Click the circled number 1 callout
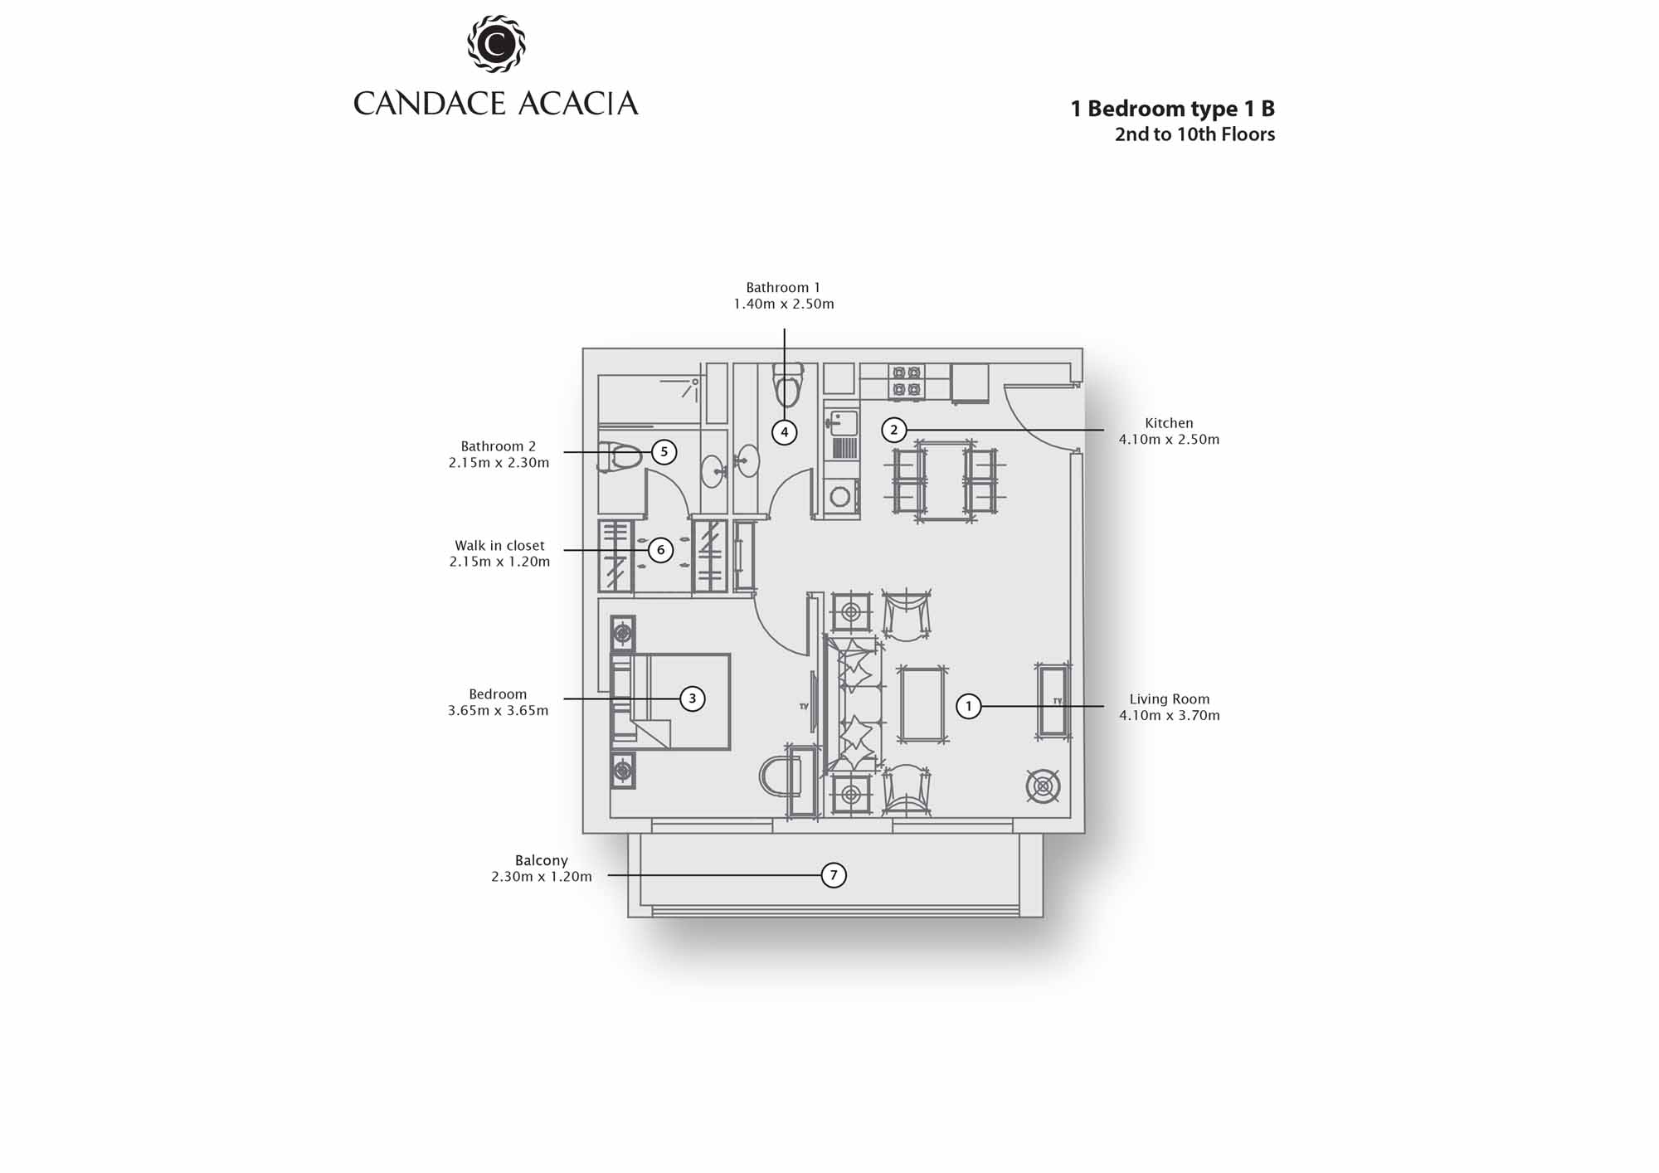click(968, 706)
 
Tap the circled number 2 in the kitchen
click(893, 430)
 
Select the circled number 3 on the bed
click(693, 698)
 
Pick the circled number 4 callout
click(784, 432)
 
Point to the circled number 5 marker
click(664, 452)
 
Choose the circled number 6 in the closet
click(660, 549)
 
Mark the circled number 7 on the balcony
click(834, 875)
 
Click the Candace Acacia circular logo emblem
click(496, 43)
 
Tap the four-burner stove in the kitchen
click(906, 382)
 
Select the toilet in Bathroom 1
click(787, 386)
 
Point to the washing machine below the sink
click(840, 497)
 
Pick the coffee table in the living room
click(922, 704)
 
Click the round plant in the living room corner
click(1043, 786)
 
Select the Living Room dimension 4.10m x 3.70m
click(1170, 715)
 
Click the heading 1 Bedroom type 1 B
click(1173, 109)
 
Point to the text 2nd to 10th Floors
click(1194, 134)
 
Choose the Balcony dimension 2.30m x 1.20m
click(542, 877)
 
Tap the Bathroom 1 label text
click(783, 288)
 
